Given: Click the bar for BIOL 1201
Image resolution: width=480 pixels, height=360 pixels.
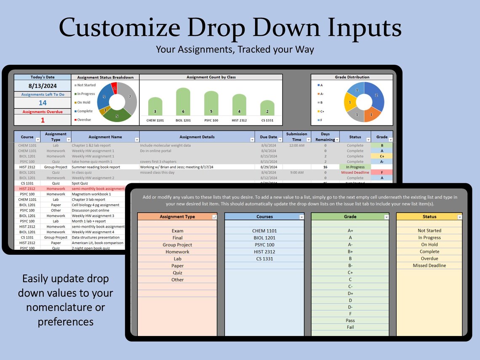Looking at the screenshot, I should [x=183, y=101].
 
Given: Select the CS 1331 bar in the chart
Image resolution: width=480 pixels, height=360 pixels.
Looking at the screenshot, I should [x=267, y=107].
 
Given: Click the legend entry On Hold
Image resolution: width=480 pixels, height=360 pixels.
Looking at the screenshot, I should [x=83, y=102].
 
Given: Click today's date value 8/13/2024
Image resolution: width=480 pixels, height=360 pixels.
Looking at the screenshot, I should [x=43, y=86].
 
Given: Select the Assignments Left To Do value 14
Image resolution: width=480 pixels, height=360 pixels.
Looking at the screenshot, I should [x=43, y=103].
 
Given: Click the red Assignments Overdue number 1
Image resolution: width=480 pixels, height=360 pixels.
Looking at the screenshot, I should [x=43, y=120].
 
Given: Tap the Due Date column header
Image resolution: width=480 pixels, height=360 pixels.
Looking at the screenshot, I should [x=268, y=137].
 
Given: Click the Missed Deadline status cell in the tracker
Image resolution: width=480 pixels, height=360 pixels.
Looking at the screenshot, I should [x=355, y=172].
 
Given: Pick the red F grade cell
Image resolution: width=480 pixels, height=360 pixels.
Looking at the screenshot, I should [x=381, y=172].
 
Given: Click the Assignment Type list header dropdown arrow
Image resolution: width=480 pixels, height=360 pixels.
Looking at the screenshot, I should [x=214, y=217].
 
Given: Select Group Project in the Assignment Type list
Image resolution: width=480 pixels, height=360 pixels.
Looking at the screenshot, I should [x=177, y=245].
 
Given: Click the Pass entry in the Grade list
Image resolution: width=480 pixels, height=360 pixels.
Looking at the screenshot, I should [x=350, y=320].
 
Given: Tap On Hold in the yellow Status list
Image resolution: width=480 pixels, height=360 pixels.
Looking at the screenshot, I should [x=429, y=245].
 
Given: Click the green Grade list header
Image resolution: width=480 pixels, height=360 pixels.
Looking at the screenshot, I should [x=349, y=217].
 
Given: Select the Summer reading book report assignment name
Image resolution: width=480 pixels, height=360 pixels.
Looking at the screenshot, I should [x=96, y=167].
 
